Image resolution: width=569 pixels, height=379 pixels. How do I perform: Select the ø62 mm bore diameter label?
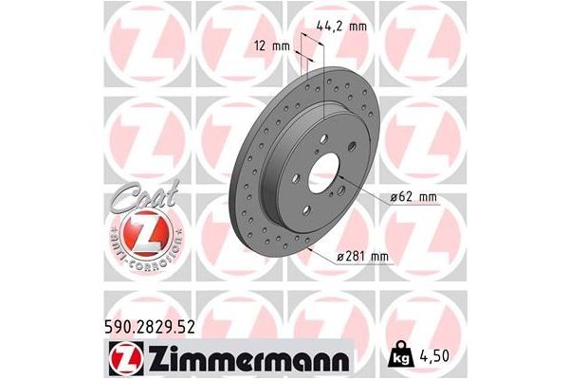410,197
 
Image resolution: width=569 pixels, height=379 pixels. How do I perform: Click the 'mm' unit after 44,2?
356,27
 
